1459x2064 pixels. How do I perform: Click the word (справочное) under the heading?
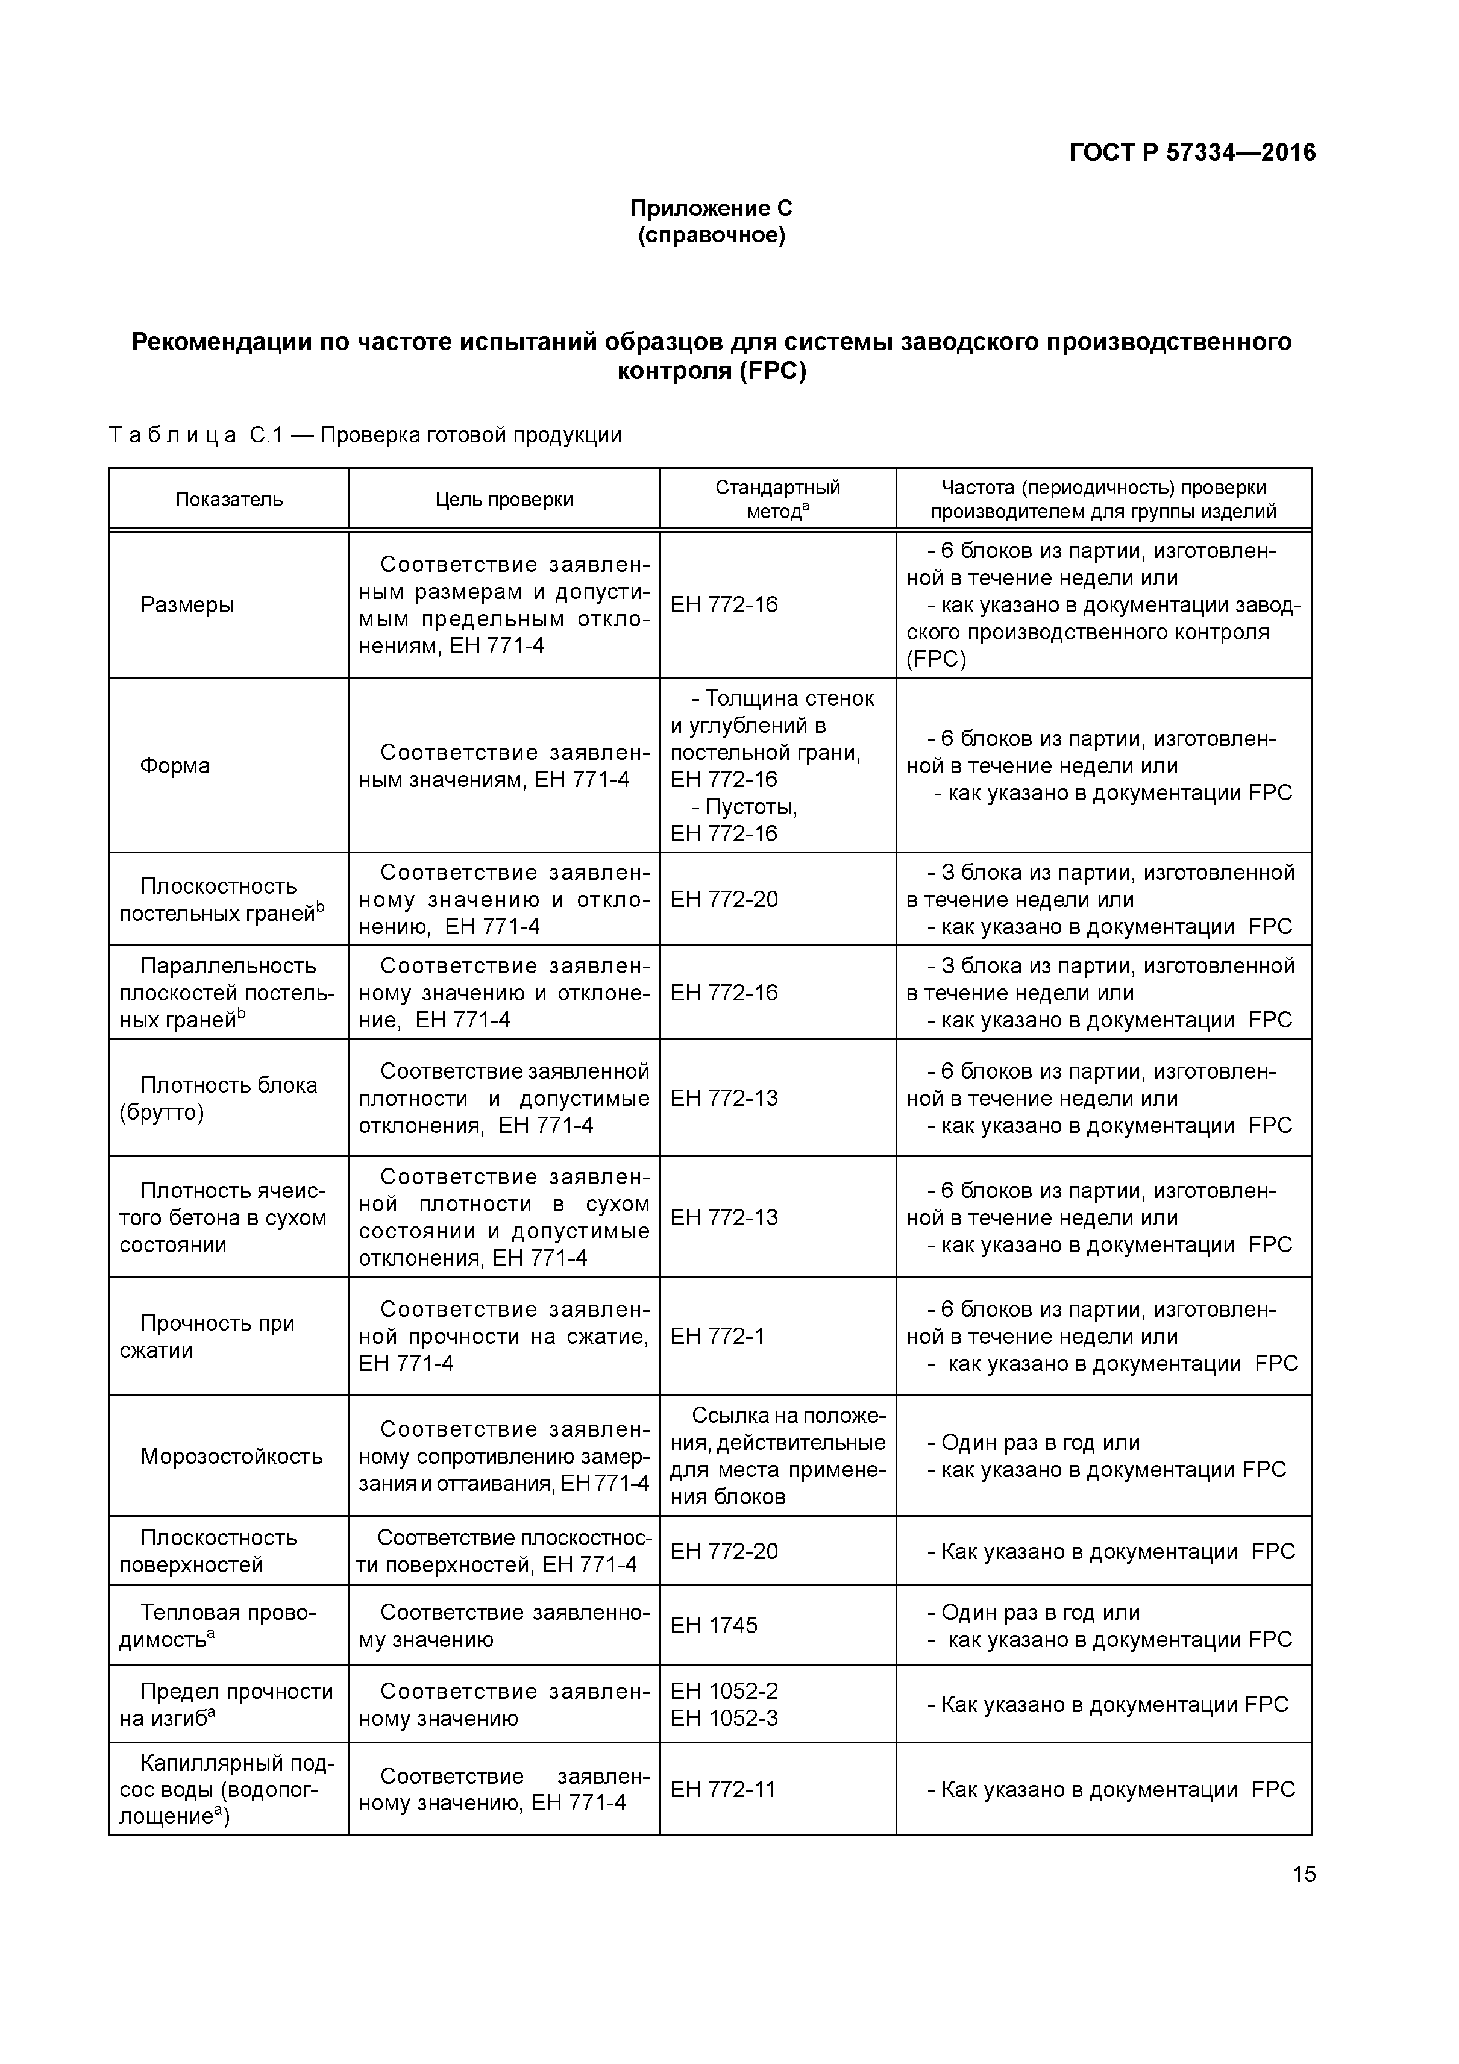[711, 236]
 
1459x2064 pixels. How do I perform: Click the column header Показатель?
[229, 500]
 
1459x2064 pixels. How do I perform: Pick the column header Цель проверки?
[503, 500]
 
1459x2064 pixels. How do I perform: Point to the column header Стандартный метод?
[777, 499]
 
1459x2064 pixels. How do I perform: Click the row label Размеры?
[187, 605]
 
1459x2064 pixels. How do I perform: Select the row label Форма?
[175, 766]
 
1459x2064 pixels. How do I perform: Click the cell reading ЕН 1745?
[714, 1625]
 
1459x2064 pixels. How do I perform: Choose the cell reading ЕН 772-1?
[717, 1337]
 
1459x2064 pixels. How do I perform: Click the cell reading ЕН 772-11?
[723, 1789]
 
